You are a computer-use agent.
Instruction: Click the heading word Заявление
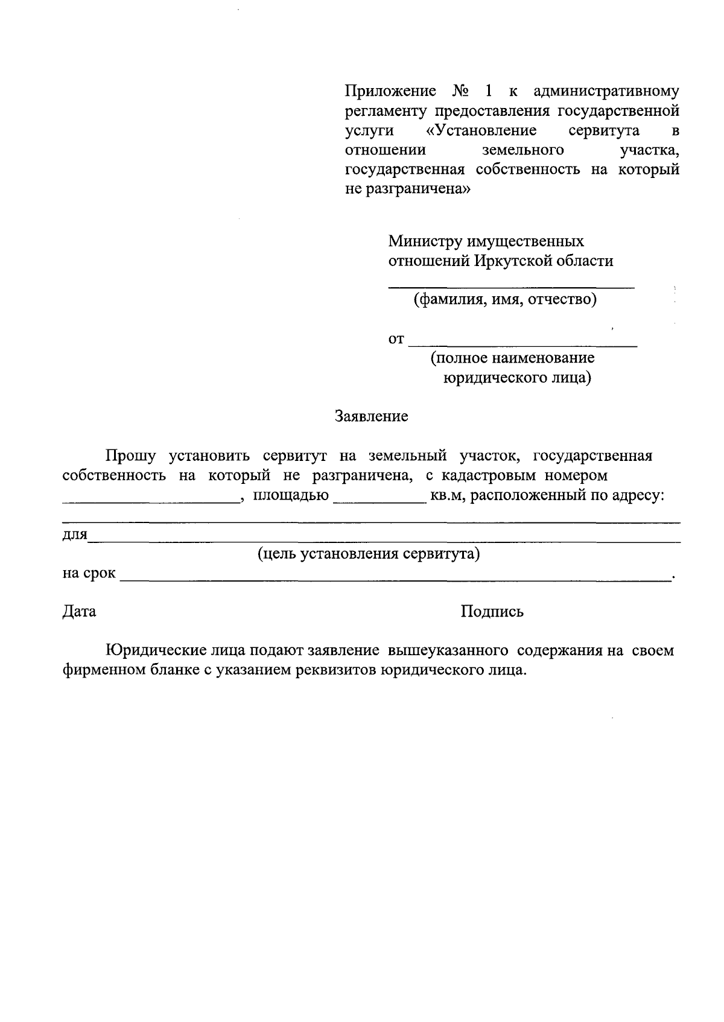tap(371, 416)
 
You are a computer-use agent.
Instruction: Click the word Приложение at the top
tap(390, 92)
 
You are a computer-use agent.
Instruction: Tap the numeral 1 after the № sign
tap(487, 92)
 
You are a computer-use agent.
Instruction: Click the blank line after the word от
tap(522, 345)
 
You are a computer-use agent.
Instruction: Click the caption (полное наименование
tap(512, 358)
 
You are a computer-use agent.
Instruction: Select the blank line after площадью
tap(379, 501)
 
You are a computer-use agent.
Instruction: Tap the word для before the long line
tap(75, 536)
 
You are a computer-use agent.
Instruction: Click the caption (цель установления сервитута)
tap(369, 554)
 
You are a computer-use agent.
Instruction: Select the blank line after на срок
tap(395, 579)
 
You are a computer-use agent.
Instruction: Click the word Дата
tap(80, 612)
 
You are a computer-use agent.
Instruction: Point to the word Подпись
tap(492, 612)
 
